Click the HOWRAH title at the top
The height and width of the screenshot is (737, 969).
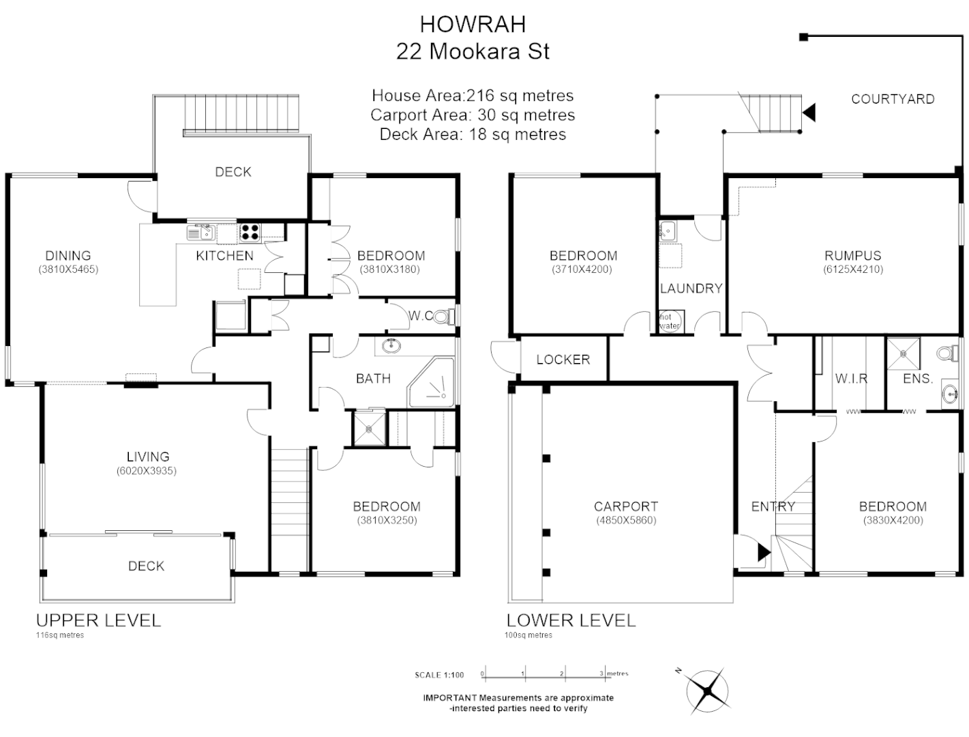(x=473, y=24)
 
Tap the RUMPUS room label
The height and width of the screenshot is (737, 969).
(x=852, y=256)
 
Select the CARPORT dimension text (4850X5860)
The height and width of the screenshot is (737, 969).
(x=625, y=520)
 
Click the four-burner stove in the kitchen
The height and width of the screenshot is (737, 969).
(x=250, y=233)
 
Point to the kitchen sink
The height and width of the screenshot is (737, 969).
(x=200, y=233)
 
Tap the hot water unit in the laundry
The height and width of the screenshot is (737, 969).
(x=669, y=321)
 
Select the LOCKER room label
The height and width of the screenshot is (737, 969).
(x=563, y=360)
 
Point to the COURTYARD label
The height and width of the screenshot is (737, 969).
(x=892, y=99)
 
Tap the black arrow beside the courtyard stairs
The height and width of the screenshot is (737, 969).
(x=809, y=112)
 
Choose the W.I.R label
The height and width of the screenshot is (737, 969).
(x=850, y=379)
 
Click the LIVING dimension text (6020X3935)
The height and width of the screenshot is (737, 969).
(x=147, y=471)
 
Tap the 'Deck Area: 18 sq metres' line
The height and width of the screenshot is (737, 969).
(x=473, y=134)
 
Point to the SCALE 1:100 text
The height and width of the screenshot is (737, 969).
(x=439, y=675)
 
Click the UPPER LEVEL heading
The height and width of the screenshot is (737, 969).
(x=98, y=620)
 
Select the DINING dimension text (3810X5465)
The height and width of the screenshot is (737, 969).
(x=68, y=270)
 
